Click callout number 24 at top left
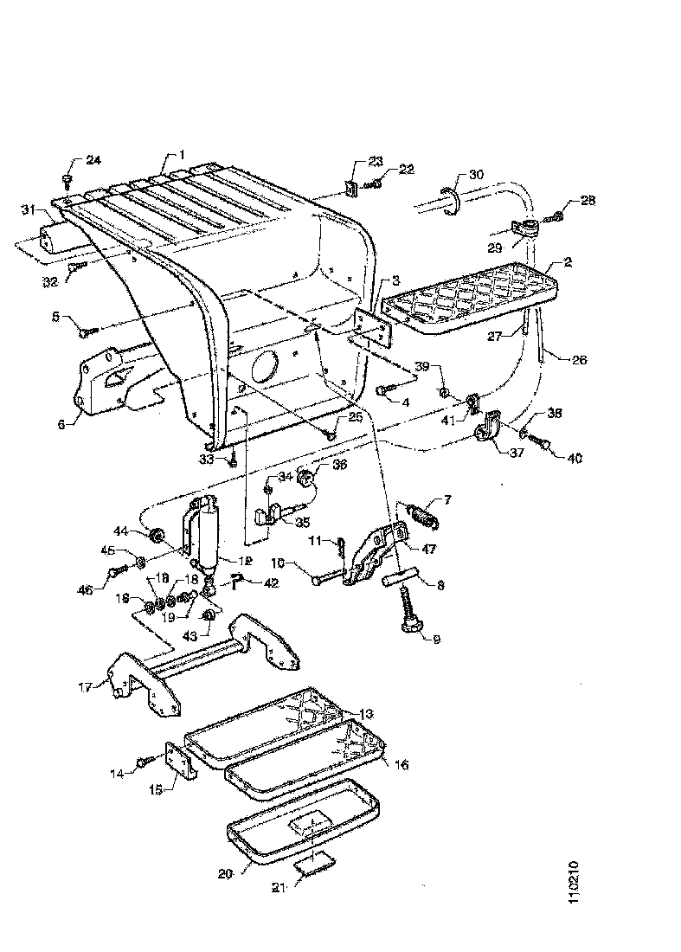(93, 160)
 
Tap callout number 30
(476, 174)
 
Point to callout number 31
(29, 210)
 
